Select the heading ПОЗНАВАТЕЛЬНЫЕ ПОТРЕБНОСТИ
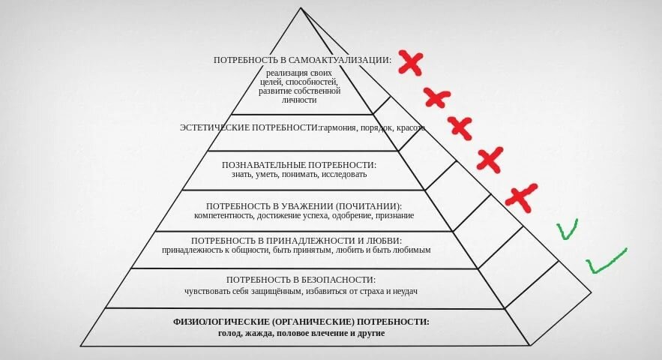point(298,164)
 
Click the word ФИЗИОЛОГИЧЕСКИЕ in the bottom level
point(217,321)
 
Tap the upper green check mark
point(568,229)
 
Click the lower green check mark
point(606,260)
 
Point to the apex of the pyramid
point(301,8)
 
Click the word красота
point(410,127)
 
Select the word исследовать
point(345,175)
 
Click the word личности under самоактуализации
point(300,100)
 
